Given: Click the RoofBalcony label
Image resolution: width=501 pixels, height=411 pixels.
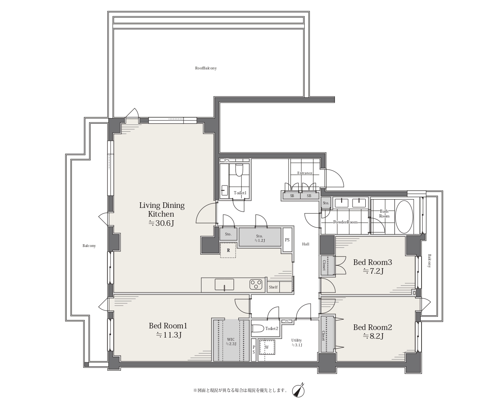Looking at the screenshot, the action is pos(206,68).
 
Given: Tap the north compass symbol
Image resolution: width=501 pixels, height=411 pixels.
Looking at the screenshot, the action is pos(298,391).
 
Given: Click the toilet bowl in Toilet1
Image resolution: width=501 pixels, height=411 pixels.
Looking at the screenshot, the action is pos(239,170).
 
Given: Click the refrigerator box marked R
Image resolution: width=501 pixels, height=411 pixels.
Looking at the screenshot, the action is pos(228,250).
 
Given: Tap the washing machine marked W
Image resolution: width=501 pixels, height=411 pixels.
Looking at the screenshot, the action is pos(267,347).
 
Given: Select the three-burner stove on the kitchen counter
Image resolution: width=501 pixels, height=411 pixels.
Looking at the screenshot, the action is pos(256,284).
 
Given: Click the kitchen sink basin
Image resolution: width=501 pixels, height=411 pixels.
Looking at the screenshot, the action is pos(224,284).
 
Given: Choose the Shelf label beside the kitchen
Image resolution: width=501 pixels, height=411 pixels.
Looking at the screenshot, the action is pos(273,287).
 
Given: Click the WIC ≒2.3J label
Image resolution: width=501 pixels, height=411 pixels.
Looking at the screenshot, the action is pos(231,341).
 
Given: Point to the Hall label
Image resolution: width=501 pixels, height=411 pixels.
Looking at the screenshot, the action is pos(306,244).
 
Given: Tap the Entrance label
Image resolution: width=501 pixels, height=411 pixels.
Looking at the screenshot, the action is pos(305,173).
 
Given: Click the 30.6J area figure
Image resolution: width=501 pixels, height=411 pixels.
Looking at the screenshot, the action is pos(161,223).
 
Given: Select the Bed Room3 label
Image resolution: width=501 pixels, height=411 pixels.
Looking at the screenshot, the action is pos(372,262).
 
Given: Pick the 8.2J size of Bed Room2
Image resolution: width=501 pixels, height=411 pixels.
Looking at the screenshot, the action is pos(373,336).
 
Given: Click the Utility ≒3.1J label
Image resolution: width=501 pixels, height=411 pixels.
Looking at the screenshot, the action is pos(297,343).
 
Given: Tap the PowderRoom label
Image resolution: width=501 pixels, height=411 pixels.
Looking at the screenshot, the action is pos(345,222).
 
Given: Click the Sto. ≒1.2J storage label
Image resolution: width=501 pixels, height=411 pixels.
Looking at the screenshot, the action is pos(259,238).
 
